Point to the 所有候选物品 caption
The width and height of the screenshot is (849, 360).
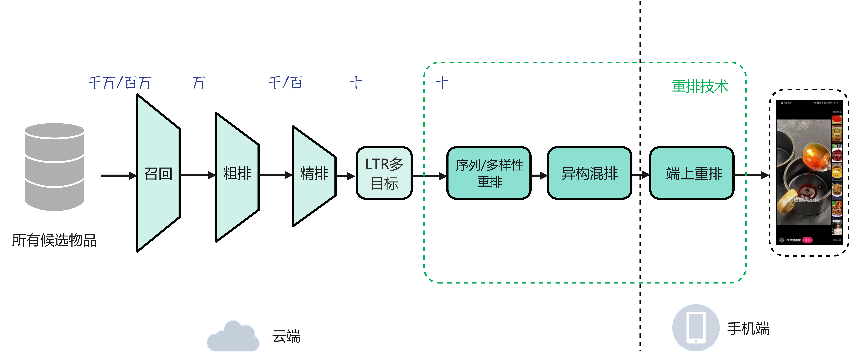(x=54, y=240)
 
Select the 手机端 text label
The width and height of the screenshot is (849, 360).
(x=748, y=328)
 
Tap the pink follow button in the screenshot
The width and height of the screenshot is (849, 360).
(x=807, y=240)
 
